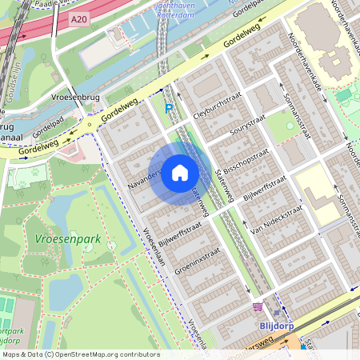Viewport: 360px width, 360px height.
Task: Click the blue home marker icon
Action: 180,173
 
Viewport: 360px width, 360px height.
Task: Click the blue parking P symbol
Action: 168,109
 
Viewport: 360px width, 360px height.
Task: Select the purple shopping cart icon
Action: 258,306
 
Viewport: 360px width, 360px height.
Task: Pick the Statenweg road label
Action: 199,200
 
